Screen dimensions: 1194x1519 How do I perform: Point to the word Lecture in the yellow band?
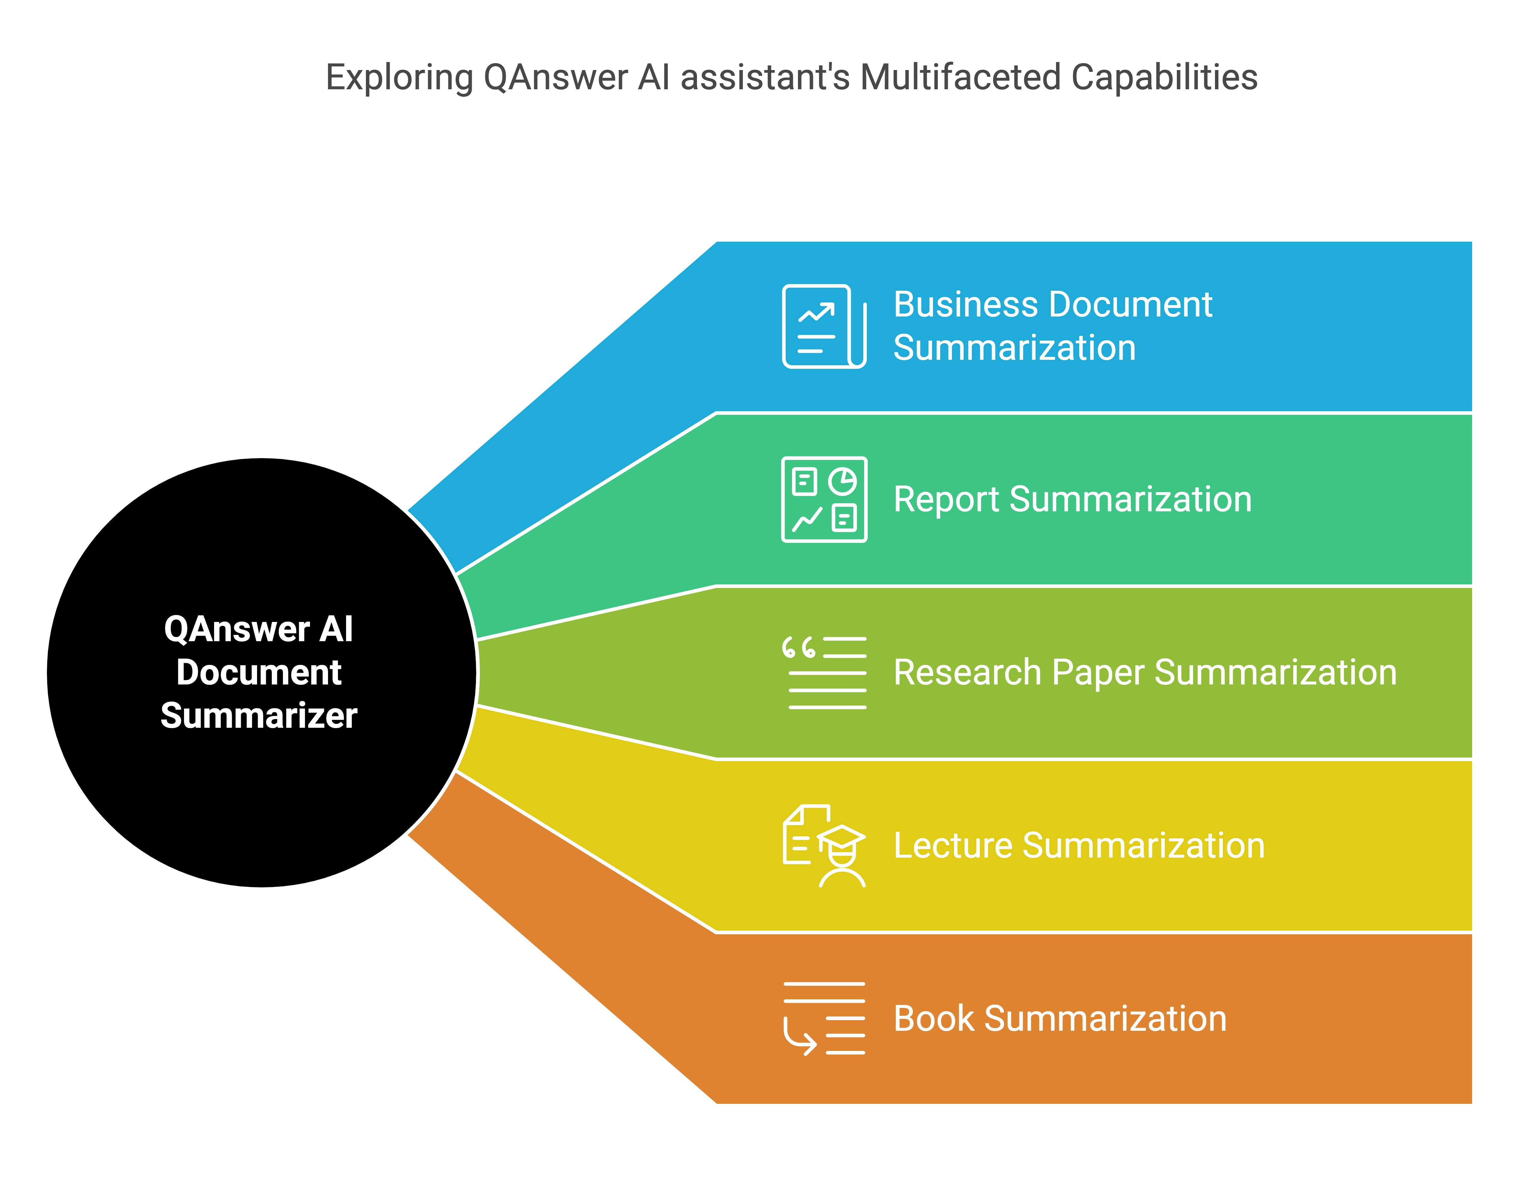coord(953,846)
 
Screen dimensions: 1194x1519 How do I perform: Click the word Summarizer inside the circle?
coord(259,716)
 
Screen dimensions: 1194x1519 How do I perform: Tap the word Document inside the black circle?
coord(259,672)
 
